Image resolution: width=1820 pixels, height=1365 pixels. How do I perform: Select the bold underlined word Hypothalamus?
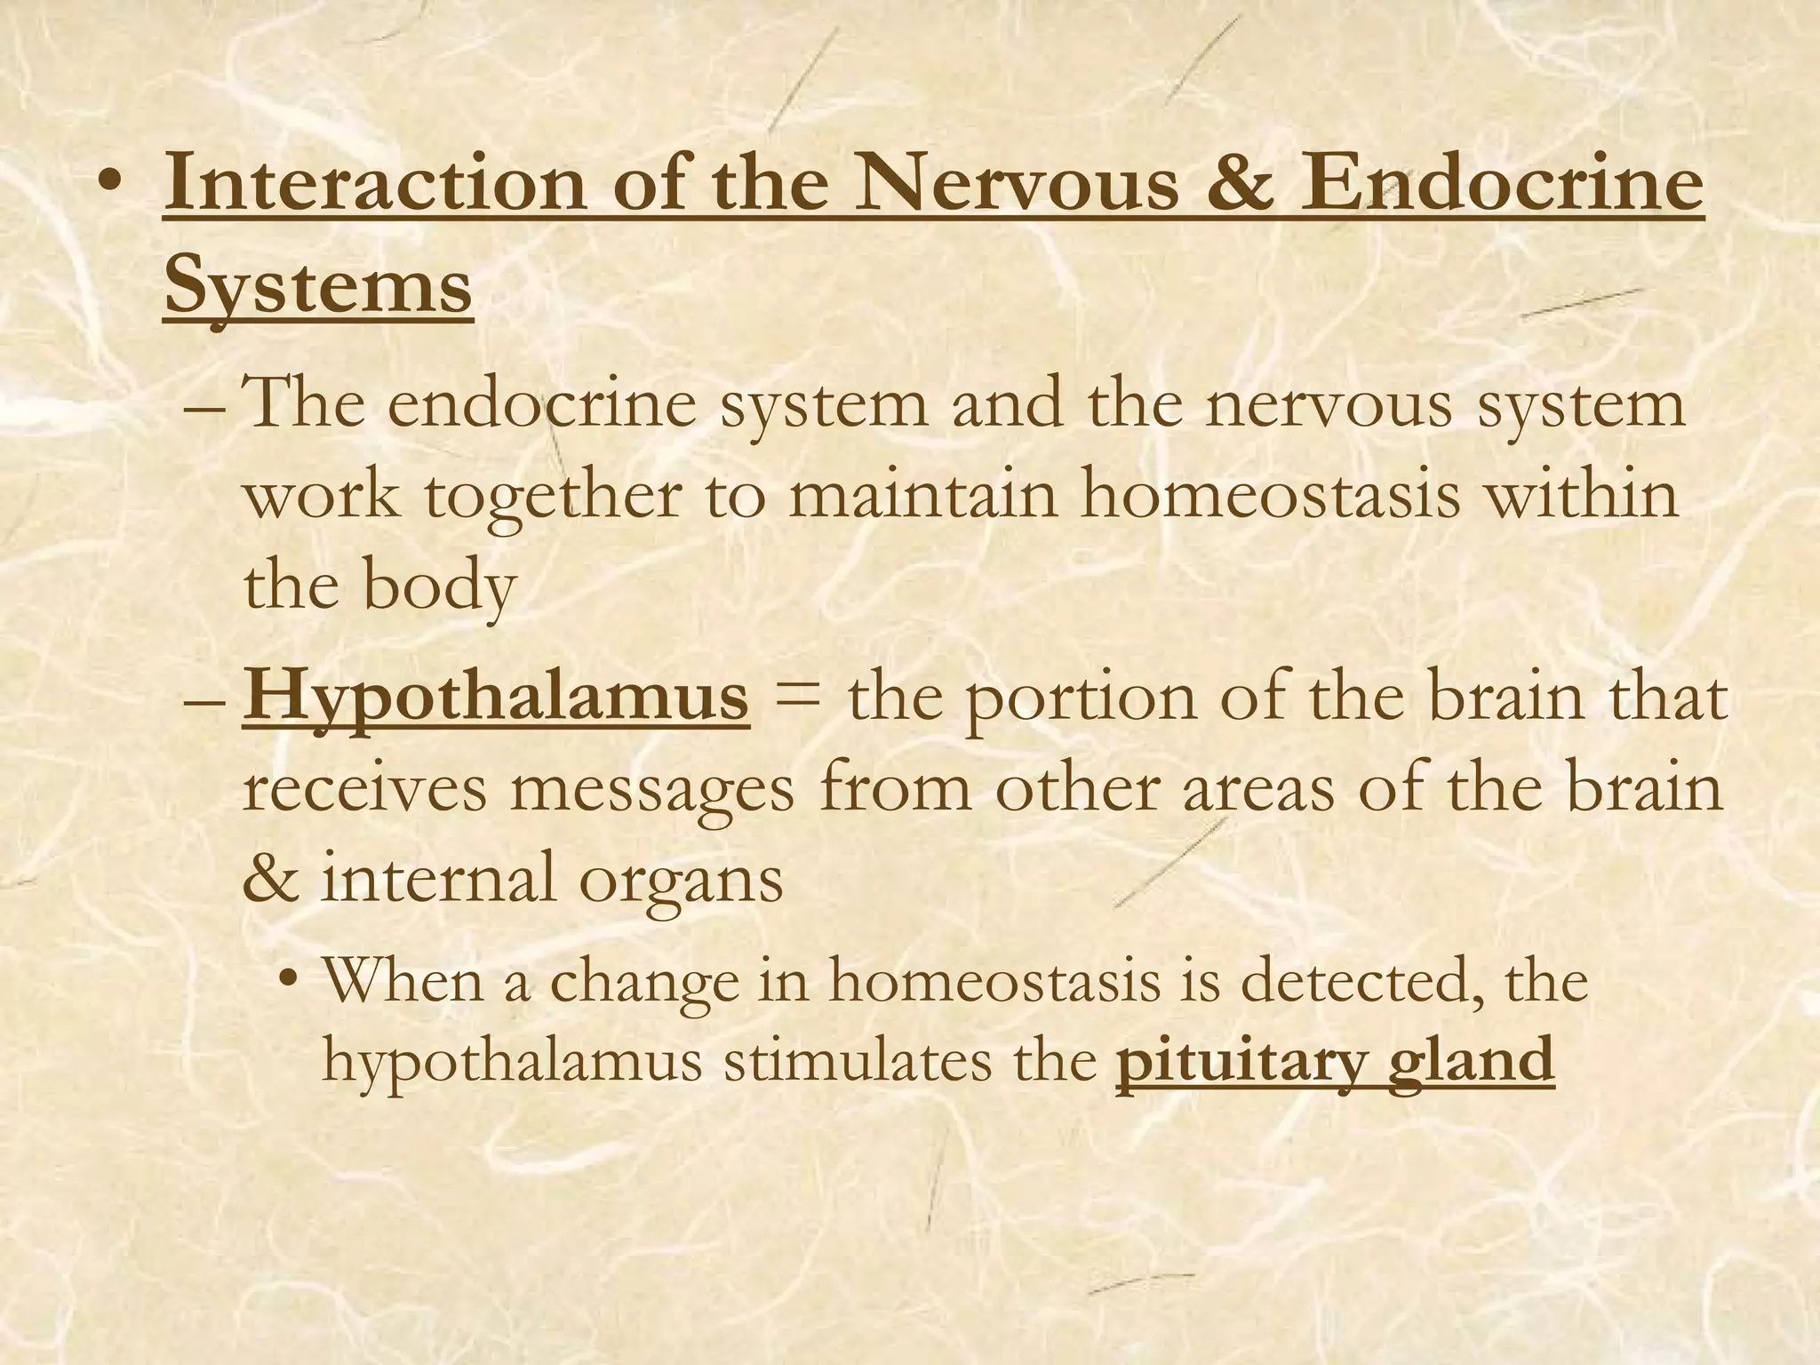click(x=496, y=698)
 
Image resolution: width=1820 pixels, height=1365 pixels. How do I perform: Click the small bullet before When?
click(x=287, y=982)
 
